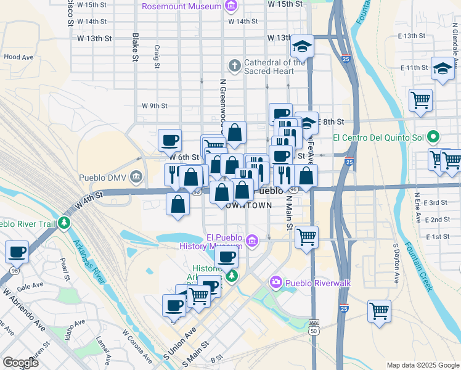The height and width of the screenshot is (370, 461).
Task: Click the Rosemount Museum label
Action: [x=181, y=6]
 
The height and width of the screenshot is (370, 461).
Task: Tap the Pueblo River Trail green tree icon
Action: [x=63, y=223]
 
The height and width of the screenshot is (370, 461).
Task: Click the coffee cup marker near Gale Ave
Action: [x=17, y=252]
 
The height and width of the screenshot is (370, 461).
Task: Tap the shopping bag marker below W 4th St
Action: [x=177, y=203]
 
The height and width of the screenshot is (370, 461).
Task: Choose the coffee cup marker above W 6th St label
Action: [x=169, y=139]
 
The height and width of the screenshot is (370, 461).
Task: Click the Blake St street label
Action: [x=134, y=47]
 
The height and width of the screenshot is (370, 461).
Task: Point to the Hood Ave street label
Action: [x=17, y=56]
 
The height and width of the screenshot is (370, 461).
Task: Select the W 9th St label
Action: [x=155, y=105]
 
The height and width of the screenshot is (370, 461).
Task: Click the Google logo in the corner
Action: [x=20, y=362]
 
